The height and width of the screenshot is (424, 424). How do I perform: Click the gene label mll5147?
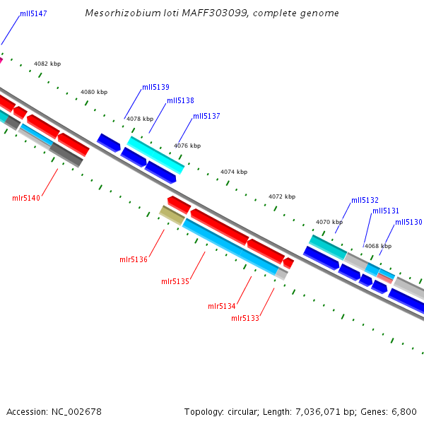coord(33,13)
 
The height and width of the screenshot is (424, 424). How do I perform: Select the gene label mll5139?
coord(155,88)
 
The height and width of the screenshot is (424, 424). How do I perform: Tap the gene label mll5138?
coord(180,101)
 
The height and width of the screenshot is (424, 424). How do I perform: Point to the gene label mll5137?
coord(206,116)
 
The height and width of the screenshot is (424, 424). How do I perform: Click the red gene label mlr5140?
coord(26,198)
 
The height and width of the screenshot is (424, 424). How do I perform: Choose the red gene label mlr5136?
coord(134,260)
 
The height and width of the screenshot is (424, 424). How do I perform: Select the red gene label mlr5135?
coord(175,282)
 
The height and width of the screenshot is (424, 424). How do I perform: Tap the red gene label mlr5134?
coord(222,307)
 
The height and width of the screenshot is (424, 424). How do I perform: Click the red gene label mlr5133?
coord(245,319)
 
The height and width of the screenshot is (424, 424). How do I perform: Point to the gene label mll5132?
coord(365,201)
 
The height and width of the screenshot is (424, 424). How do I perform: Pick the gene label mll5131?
coord(386,211)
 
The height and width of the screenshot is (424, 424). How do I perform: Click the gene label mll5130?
coord(408,223)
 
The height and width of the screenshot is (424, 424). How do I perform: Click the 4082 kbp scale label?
coord(47,64)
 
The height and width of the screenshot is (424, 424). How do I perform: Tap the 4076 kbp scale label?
coord(187,146)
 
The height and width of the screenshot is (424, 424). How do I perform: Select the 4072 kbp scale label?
coord(282,197)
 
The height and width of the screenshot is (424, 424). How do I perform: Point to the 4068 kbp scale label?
coord(377,247)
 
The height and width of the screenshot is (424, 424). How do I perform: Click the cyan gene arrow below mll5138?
coord(155,155)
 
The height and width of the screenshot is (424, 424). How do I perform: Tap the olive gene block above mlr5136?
coord(172,215)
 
